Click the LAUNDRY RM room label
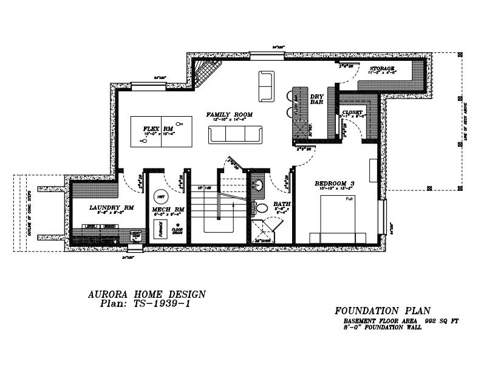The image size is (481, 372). coord(111,207)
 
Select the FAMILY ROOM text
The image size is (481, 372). coord(229,114)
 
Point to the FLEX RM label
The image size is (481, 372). coord(158,129)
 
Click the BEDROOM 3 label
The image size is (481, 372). coord(334,184)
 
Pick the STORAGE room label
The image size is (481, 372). coord(382,69)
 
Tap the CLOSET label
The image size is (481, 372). coord(352,112)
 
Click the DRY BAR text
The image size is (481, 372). coord(316,100)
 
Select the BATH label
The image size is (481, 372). coord(281,204)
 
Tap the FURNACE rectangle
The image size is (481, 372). coord(160,229)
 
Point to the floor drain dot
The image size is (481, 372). coord(179,224)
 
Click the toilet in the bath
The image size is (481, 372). coord(261,208)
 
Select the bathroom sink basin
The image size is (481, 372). coord(258,186)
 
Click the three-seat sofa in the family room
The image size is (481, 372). coord(235,134)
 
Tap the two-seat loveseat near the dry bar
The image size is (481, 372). coord(266,86)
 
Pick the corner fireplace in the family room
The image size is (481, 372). coord(205,72)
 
